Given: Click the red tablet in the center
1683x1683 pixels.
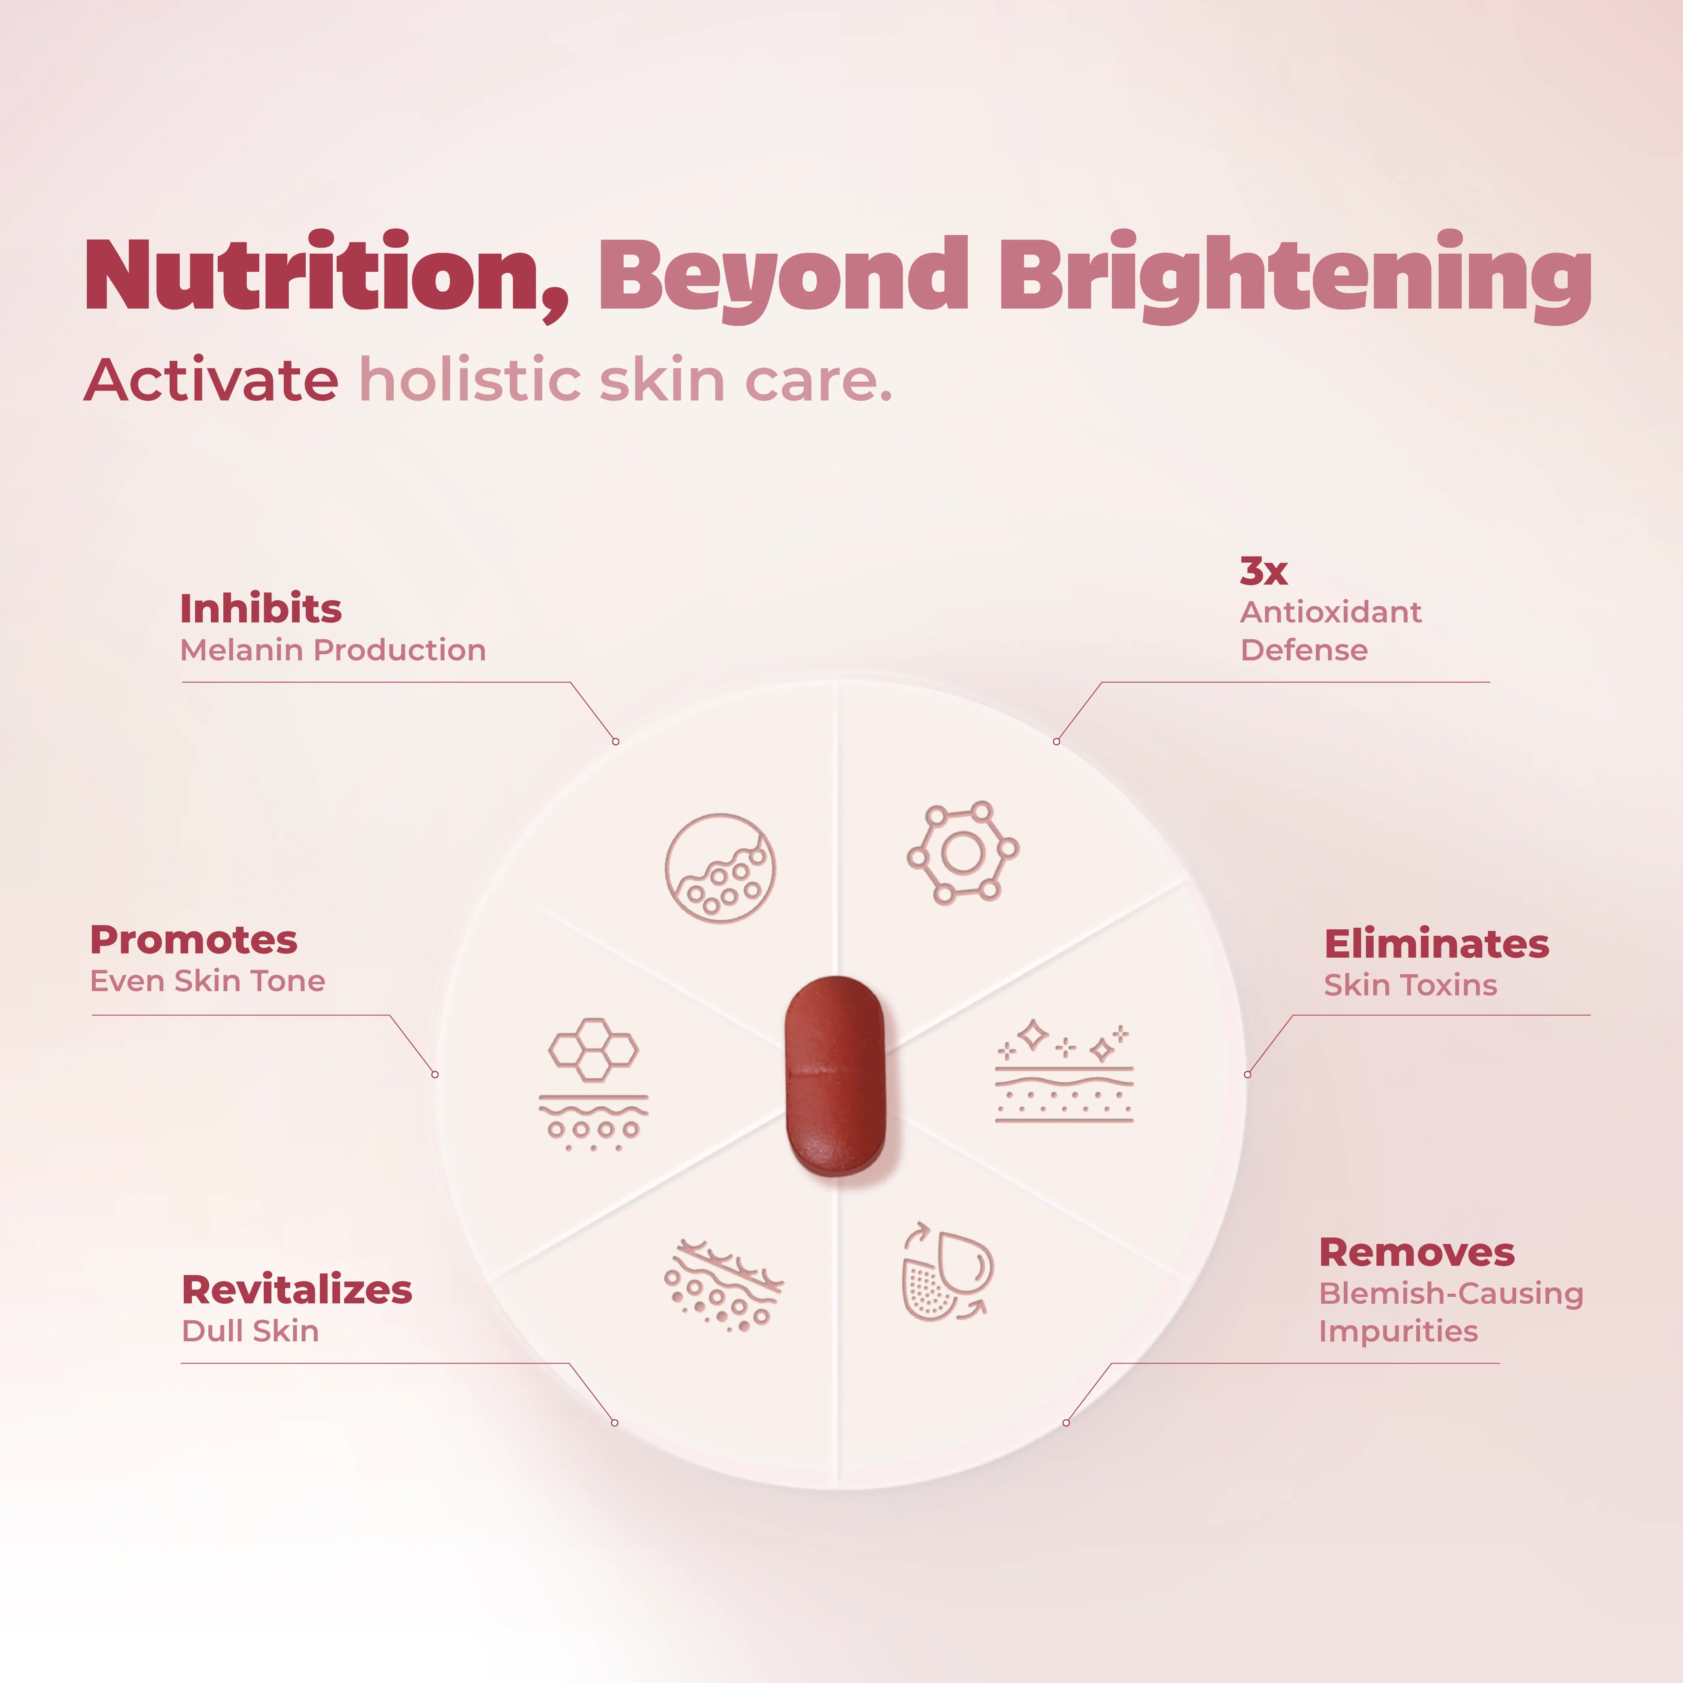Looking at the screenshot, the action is pos(834,1076).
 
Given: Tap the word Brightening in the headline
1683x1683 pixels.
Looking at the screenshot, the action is pos(1295,277).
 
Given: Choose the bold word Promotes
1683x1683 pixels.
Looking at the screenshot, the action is pos(193,940).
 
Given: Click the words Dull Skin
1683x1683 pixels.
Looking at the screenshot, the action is pos(250,1331).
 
